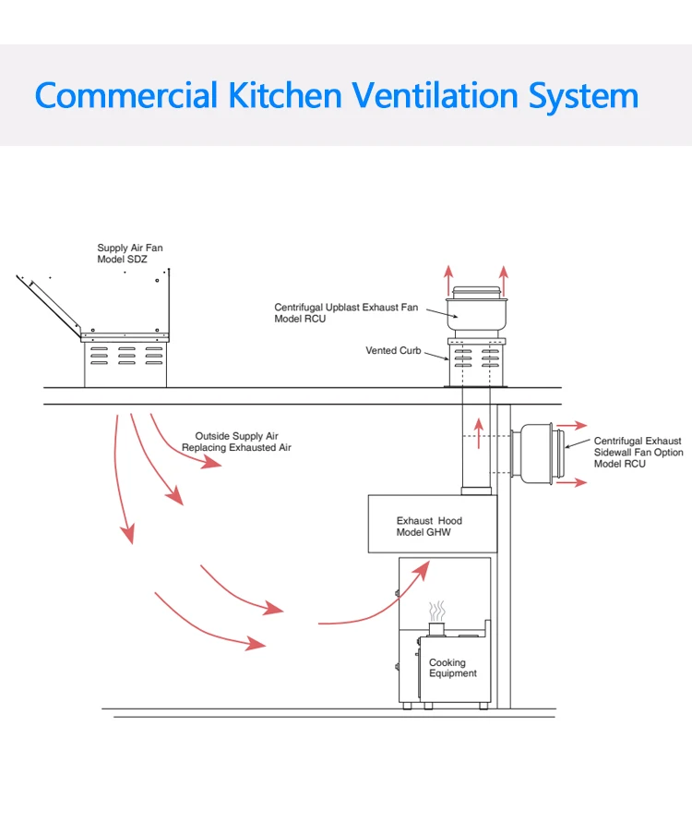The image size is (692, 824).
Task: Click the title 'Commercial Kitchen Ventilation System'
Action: pos(337,96)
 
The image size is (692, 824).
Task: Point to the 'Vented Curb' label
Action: pos(393,351)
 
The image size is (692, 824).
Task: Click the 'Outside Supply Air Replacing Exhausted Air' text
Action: pos(236,442)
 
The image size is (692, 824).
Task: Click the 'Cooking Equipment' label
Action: pos(452,668)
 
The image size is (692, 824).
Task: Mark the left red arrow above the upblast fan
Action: pos(448,276)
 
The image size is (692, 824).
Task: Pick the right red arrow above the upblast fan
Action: pos(504,276)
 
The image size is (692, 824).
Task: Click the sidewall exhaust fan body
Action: pos(535,453)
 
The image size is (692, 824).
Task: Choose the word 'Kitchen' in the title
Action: pos(290,96)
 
